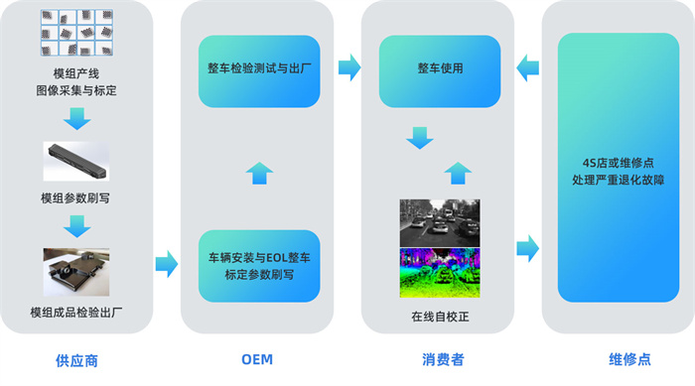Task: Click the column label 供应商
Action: point(77,359)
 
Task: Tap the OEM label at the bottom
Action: point(257,359)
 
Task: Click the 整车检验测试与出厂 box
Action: point(258,71)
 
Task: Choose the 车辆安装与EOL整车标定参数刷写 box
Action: point(258,265)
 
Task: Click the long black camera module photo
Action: point(77,162)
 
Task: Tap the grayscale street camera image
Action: point(439,223)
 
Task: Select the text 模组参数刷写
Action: point(76,197)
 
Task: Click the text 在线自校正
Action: point(438,318)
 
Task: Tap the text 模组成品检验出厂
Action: point(77,314)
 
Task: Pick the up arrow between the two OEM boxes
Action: point(258,172)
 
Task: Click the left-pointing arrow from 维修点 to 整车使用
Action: point(527,68)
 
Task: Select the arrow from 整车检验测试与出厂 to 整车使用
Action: point(347,68)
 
